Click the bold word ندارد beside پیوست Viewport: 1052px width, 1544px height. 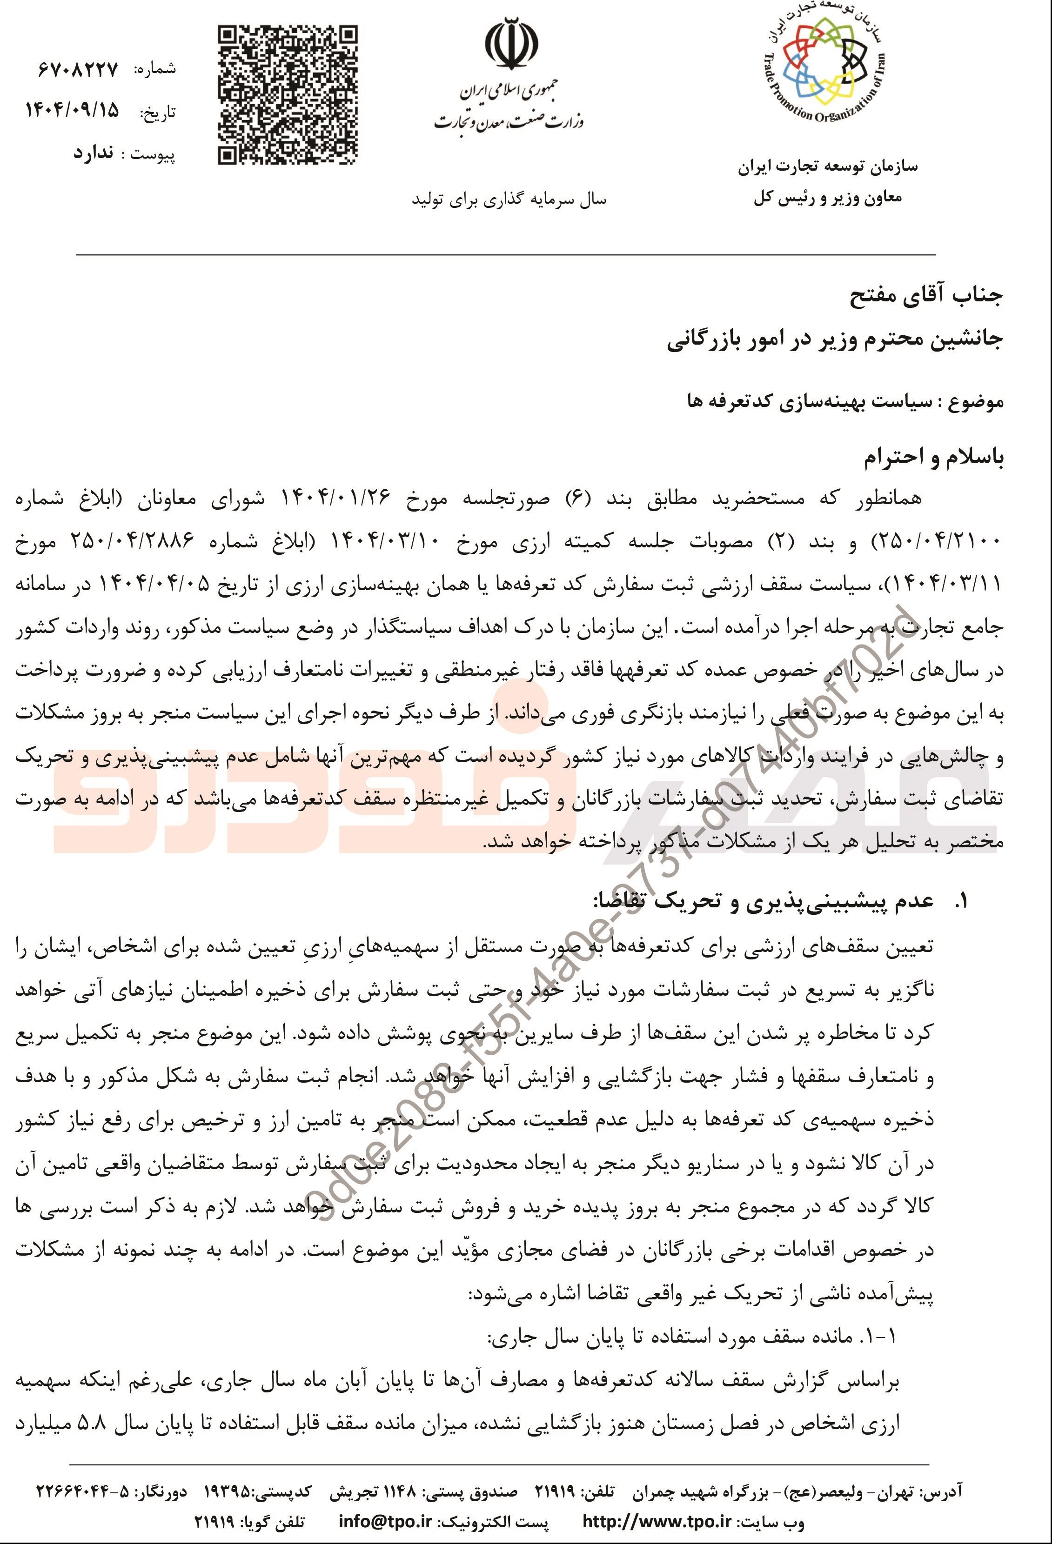click(93, 153)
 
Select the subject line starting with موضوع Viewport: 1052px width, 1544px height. click(844, 402)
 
